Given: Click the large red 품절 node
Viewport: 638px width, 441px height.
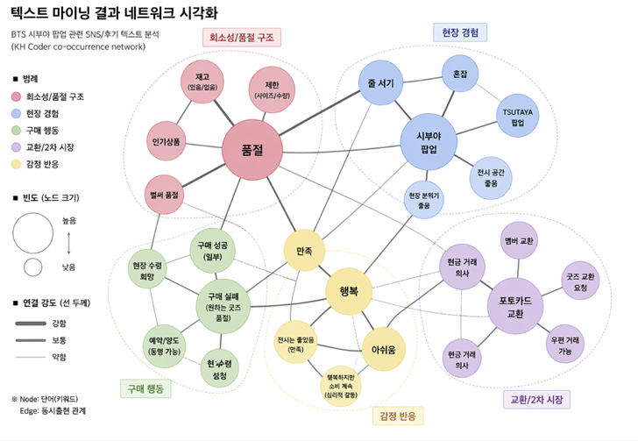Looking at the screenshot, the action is (252, 150).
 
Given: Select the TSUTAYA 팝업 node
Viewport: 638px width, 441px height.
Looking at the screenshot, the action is (518, 117).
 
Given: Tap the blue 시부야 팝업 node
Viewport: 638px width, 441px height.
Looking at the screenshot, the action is (429, 142).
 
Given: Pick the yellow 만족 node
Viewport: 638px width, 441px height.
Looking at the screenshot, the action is (304, 251).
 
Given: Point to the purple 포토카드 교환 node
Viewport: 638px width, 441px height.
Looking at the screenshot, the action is (515, 306).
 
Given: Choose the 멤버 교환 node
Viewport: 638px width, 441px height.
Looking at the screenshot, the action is (519, 240).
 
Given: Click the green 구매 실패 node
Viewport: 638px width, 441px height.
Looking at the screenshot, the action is (223, 306).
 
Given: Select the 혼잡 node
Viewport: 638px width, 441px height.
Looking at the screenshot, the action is (460, 74).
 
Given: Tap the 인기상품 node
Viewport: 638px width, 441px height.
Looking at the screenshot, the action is (166, 141).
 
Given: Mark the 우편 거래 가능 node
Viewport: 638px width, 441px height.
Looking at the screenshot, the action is (564, 344).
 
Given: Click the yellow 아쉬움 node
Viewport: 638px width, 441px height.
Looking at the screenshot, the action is (383, 349).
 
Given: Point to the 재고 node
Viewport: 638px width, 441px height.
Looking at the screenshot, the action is (202, 82).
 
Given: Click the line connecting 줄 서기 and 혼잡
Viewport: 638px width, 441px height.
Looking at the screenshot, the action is (422, 80).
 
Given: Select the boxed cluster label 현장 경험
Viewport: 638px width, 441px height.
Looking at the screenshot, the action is (460, 32).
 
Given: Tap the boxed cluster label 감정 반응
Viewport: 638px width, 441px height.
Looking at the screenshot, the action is (398, 416).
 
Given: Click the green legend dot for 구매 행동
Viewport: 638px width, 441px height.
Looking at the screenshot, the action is (16, 131).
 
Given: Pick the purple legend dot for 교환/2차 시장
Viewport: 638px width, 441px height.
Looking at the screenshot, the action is (16, 147).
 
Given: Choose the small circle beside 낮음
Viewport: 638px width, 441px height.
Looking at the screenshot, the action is (32, 267).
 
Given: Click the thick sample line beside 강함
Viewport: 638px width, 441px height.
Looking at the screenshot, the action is (31, 324).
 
